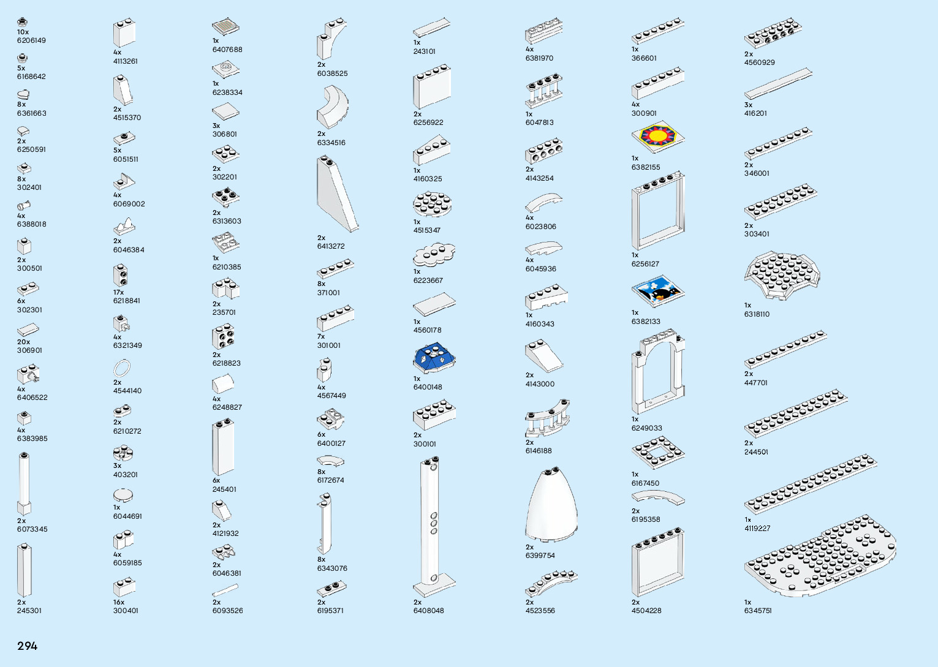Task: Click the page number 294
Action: (x=28, y=646)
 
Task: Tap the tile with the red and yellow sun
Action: (x=657, y=136)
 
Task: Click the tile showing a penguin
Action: (x=657, y=292)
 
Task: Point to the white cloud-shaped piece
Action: (x=434, y=254)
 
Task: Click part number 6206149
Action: (x=31, y=40)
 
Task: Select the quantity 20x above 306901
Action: (x=24, y=342)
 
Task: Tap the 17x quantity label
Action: (x=118, y=292)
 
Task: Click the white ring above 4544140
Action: (x=123, y=368)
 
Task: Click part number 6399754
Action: (x=540, y=556)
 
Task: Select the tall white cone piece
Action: (x=551, y=503)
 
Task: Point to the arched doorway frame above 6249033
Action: (x=658, y=371)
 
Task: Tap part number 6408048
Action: (x=428, y=611)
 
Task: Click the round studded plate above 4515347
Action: (x=433, y=203)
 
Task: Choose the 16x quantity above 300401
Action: (x=119, y=602)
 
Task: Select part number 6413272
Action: (x=331, y=246)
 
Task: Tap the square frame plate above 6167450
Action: (x=658, y=453)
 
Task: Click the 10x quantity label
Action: (x=23, y=32)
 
